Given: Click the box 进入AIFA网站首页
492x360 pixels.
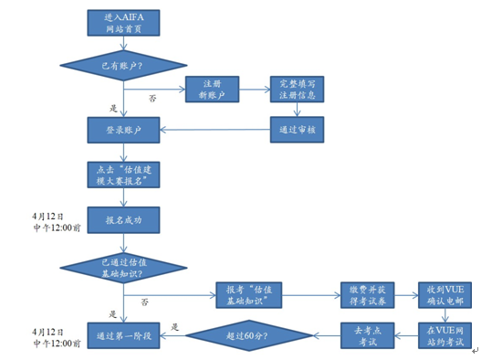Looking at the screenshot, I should click(x=124, y=24).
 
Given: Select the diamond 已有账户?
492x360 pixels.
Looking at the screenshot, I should click(x=124, y=65).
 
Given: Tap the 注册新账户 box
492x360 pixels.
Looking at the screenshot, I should click(x=212, y=90).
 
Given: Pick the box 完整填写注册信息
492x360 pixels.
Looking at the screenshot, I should click(x=297, y=90).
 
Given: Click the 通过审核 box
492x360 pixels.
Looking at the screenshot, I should click(x=297, y=129).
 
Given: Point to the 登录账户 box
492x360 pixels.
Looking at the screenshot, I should click(x=124, y=129).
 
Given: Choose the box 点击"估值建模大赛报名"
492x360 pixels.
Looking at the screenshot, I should click(x=124, y=174).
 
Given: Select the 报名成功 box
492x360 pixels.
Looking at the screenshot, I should click(x=124, y=220).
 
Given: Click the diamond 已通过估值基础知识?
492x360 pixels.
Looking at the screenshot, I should click(x=124, y=268).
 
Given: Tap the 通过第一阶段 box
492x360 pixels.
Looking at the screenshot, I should click(x=124, y=335).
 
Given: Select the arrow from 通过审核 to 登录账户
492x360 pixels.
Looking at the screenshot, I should click(x=215, y=129).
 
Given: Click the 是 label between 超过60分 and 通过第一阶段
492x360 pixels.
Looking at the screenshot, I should click(x=174, y=326).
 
